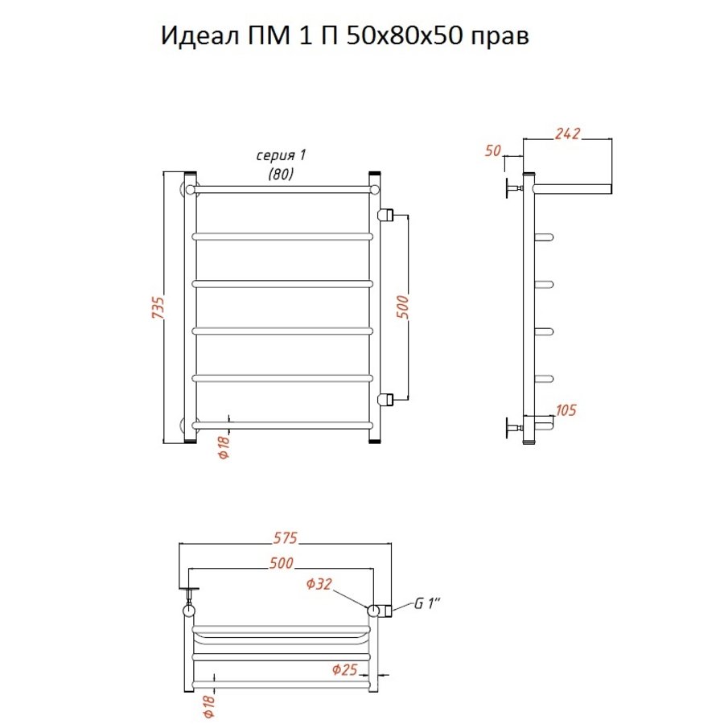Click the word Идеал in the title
pos(200,36)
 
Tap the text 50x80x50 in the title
pos(404,35)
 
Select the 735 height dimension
pos(158,307)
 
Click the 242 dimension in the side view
pos(567,133)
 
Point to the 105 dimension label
pos(566,410)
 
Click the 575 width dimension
pos(286,538)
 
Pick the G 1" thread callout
pos(427,603)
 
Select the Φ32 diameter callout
pos(319,584)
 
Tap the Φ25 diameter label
pos(345,669)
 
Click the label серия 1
pos(282,155)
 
